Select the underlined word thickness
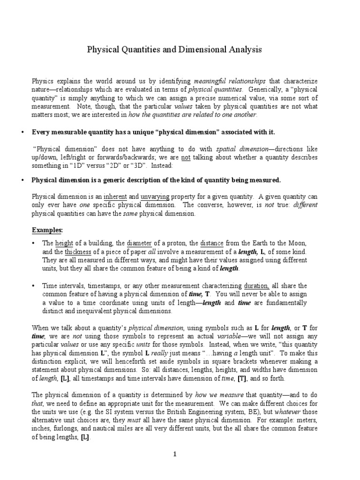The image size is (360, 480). coord(80,252)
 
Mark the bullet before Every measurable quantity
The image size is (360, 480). coord(23,132)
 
